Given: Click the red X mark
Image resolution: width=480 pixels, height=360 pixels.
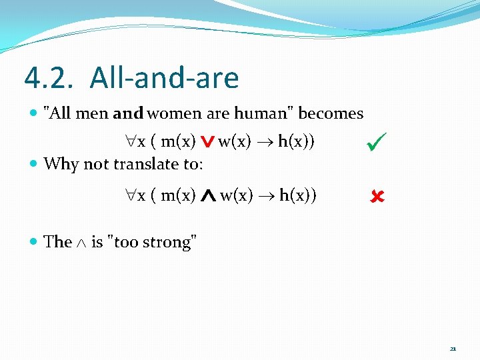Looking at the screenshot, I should tap(377, 197).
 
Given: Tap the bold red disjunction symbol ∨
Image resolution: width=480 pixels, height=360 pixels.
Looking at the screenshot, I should tap(207, 141).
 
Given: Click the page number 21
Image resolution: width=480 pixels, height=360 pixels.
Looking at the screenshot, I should tap(453, 349).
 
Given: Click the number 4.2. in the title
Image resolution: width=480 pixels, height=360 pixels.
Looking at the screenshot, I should tap(51, 78).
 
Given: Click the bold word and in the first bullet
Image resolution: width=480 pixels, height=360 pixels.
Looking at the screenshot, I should tap(128, 114).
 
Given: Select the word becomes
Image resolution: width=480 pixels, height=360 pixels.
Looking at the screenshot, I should tap(331, 113).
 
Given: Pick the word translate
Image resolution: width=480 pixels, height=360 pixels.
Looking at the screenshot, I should tap(146, 164).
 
